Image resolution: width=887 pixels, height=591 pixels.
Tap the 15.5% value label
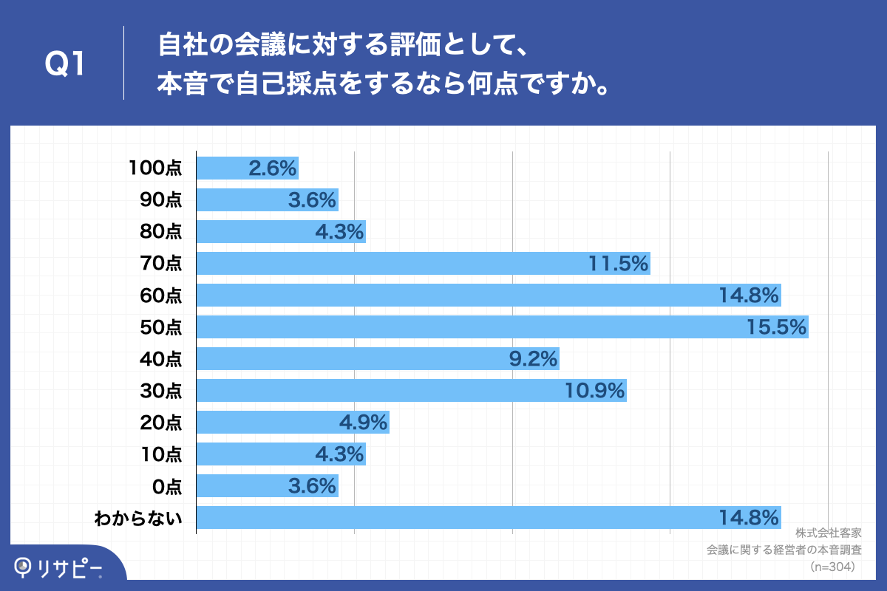click(776, 327)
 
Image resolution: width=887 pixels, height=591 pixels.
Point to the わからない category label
click(138, 518)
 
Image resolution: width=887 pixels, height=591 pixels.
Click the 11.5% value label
click(619, 263)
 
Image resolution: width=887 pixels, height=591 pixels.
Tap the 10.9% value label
click(596, 390)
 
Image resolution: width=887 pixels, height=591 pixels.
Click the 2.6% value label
click(272, 168)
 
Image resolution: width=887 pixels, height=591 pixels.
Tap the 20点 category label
click(160, 423)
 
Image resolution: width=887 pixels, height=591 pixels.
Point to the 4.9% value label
click(364, 423)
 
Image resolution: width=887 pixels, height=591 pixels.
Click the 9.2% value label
click(532, 358)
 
